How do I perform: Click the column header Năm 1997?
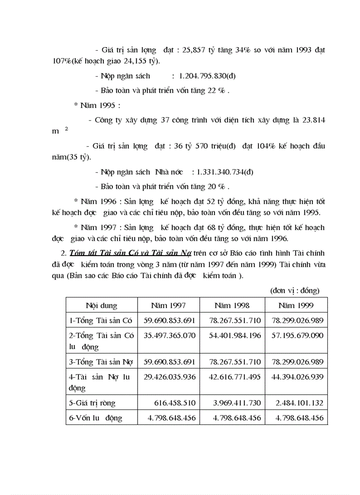[168, 305]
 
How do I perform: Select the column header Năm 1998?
[232, 305]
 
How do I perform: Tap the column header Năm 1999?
[296, 305]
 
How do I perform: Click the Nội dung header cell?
[101, 305]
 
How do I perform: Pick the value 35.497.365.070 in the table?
[169, 335]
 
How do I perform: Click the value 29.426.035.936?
[169, 377]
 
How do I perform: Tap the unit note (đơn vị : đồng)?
[295, 290]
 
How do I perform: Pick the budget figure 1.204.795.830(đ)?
[207, 76]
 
